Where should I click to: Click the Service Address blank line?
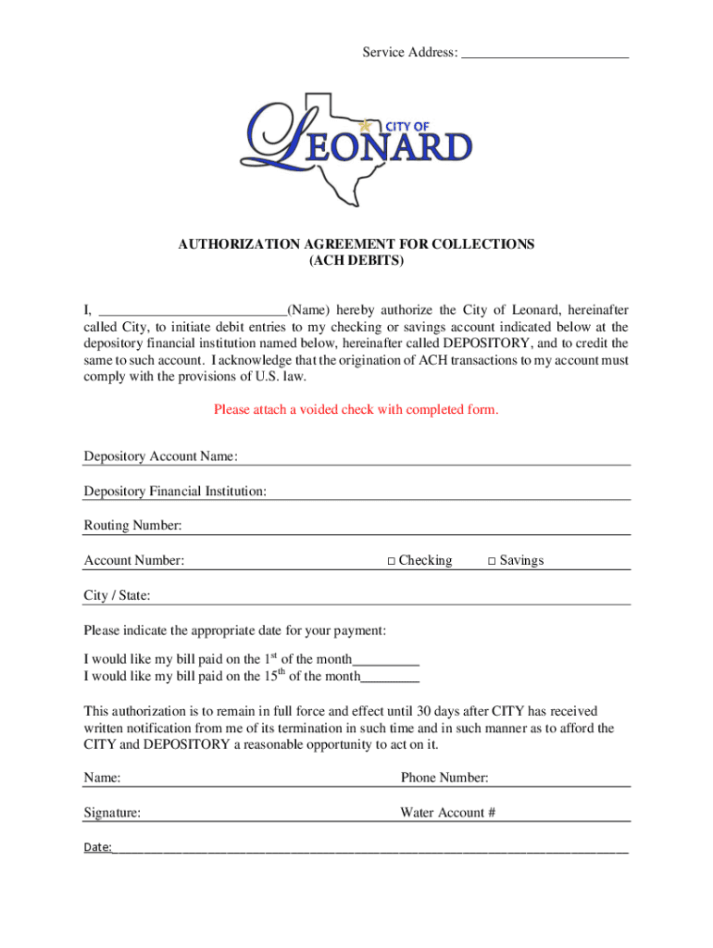pyautogui.click(x=544, y=55)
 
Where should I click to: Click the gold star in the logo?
pyautogui.click(x=365, y=126)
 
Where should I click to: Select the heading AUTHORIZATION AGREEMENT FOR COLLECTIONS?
pyautogui.click(x=356, y=244)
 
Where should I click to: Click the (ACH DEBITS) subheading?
pyautogui.click(x=356, y=261)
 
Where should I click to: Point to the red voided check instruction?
pyautogui.click(x=356, y=409)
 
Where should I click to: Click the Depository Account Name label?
pyautogui.click(x=161, y=456)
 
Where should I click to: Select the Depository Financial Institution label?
pyautogui.click(x=175, y=491)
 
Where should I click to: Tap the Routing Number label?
pyautogui.click(x=132, y=526)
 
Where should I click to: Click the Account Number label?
pyautogui.click(x=133, y=560)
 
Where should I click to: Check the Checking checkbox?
pyautogui.click(x=392, y=561)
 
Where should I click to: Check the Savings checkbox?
pyautogui.click(x=493, y=561)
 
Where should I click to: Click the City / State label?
pyautogui.click(x=117, y=595)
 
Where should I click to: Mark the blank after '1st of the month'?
pyautogui.click(x=386, y=661)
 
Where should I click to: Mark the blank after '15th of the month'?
pyautogui.click(x=390, y=678)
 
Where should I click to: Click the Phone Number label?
pyautogui.click(x=444, y=778)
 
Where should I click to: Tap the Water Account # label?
pyautogui.click(x=448, y=813)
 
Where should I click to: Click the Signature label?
pyautogui.click(x=112, y=813)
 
